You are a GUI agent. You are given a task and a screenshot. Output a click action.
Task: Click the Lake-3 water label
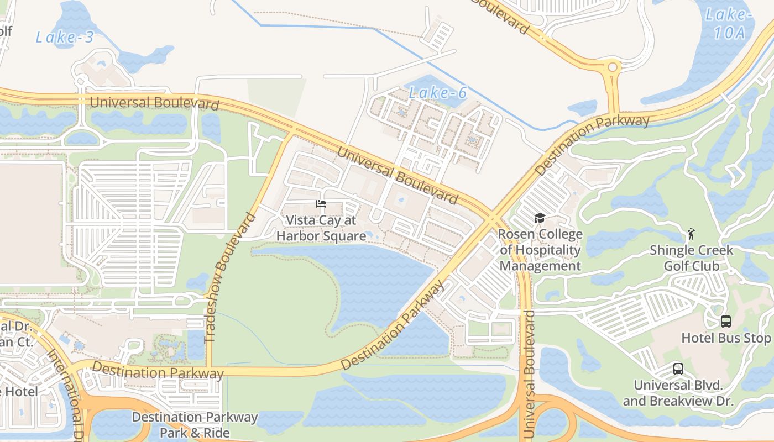coord(65,38)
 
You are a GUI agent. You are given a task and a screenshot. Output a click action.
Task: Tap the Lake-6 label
coord(438,93)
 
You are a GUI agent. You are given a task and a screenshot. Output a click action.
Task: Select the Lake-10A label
coord(729,24)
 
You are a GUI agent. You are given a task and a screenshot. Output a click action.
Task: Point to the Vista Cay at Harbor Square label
coord(321,228)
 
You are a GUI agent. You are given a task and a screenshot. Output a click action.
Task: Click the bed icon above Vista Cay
coord(321,204)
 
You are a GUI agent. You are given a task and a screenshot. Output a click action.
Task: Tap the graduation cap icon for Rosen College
coord(540,218)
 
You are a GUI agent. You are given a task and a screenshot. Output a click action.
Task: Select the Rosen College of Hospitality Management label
coord(540,250)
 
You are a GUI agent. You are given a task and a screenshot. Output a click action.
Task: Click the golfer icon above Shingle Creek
coord(691,234)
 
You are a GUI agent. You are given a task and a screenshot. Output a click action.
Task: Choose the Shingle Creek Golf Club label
coord(691,258)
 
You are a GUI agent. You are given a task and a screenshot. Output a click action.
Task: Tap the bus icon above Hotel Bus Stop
coord(725,322)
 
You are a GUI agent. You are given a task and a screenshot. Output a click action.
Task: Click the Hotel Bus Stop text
coord(725,338)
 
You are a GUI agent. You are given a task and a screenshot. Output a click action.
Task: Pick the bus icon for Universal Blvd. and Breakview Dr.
coord(678,369)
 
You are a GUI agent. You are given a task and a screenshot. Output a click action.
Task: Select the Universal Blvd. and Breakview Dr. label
coord(678,393)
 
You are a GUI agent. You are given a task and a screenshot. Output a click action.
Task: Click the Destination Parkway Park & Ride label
coord(195,425)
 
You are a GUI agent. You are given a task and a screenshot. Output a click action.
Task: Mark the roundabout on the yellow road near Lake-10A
coord(613,67)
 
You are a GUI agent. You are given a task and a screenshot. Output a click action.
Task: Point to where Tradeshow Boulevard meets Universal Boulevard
coord(292,132)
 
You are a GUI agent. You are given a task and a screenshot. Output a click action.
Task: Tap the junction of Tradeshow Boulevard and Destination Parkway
coord(209,369)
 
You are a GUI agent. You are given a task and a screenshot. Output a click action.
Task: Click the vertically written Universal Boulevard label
coord(529,375)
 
